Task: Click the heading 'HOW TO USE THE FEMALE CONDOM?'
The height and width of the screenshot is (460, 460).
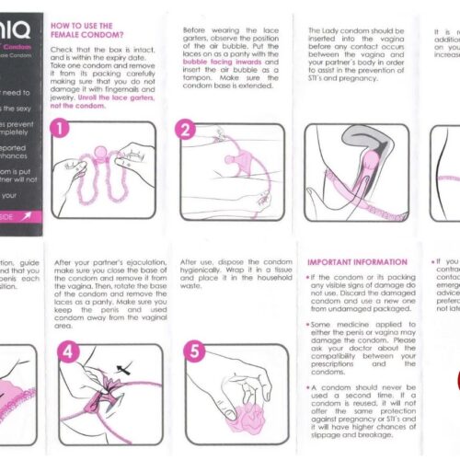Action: pyautogui.click(x=82, y=32)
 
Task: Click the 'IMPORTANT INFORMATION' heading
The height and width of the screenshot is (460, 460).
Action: pyautogui.click(x=351, y=262)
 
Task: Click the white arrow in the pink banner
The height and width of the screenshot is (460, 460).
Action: pyautogui.click(x=29, y=215)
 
